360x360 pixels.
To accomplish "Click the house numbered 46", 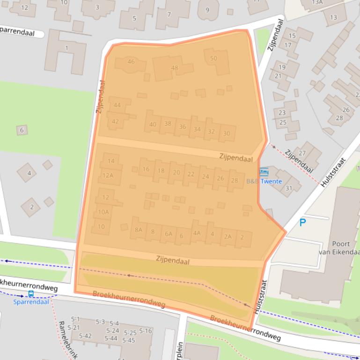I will pos(131,62).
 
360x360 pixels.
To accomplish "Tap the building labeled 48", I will pos(175,68).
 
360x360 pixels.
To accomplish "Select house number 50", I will pos(213,58).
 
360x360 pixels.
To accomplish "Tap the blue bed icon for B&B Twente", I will pos(264,172).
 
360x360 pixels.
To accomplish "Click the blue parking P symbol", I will pos(303,223).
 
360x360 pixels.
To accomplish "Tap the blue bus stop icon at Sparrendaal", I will pos(31,294).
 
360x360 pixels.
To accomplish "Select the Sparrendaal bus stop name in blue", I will pos(31,302).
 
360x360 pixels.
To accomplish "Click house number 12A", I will pos(108,175).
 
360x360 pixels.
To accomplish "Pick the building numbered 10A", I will pos(103,212).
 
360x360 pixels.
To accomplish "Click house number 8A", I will pos(138,230).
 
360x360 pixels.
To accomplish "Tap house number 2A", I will pos(228,237).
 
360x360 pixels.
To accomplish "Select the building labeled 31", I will pos(288,188).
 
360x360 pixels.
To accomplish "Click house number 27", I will pos(302,153).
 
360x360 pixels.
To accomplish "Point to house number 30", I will pos(227,133).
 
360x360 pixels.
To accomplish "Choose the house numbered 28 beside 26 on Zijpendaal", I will pos(234,180).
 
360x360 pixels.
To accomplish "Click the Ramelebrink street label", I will pos(65,339).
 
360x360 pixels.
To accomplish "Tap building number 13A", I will pos(318,2).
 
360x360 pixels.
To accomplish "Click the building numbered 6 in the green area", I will pos(22,130).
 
